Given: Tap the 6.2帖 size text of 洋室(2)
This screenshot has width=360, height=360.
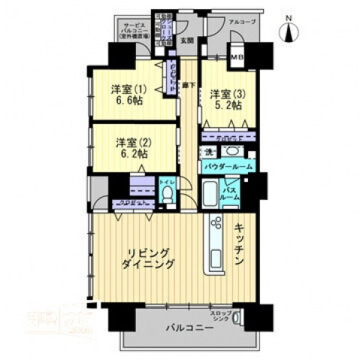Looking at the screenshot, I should [132, 153].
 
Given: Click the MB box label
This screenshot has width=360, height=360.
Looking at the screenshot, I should [235, 59].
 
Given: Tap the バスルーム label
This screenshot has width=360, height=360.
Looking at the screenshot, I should [231, 193].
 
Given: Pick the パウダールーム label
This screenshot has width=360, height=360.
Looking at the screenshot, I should [228, 166].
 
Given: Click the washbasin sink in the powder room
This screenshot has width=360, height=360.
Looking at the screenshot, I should [229, 151].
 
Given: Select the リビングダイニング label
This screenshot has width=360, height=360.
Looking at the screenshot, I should [150, 259].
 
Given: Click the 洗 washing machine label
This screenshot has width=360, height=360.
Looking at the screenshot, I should [209, 152].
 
